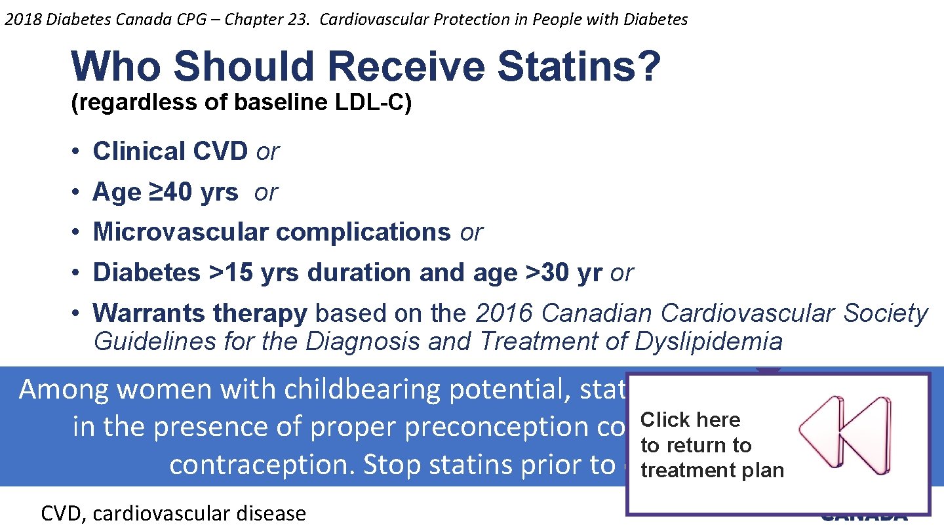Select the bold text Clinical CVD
[x=170, y=151]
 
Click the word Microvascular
[x=181, y=232]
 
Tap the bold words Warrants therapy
[x=200, y=313]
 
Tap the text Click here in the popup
[x=690, y=420]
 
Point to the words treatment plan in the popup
[x=712, y=471]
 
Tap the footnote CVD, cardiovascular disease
[x=173, y=513]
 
